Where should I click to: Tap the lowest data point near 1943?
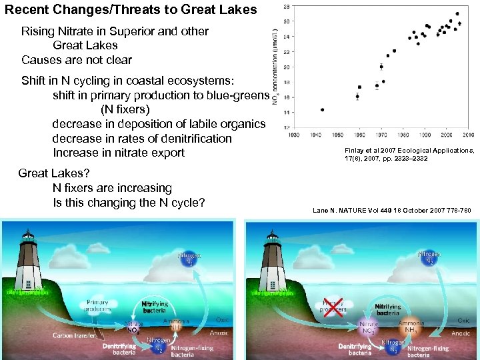point(323,109)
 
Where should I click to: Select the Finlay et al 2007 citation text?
point(409,155)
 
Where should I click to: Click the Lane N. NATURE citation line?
point(392,211)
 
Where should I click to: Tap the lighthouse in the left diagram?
point(27,257)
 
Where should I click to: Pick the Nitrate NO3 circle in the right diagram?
point(368,327)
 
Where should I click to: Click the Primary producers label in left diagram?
point(98,305)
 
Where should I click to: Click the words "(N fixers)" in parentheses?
point(125,109)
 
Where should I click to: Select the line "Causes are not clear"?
point(76,60)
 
